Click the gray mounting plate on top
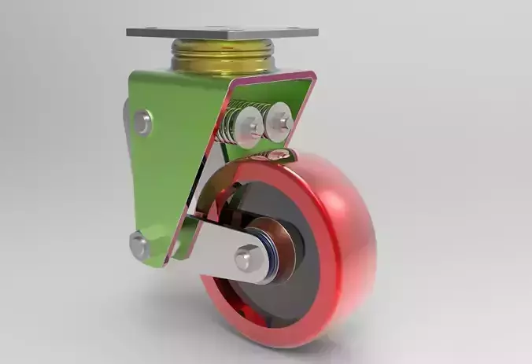222,33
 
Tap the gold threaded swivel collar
223,57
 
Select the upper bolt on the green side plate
142,122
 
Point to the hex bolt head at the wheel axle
247,256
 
